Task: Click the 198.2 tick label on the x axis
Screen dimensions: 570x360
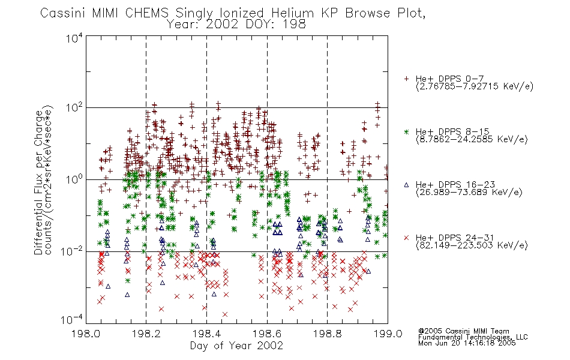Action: point(146,334)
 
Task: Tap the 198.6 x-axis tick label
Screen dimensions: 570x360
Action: point(267,334)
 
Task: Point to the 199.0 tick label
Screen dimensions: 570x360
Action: point(388,334)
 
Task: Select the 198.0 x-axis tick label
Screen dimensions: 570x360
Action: point(86,334)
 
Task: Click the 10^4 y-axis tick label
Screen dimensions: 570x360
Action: point(74,38)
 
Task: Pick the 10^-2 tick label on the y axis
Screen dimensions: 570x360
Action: point(72,251)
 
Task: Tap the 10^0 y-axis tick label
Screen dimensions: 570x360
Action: point(74,179)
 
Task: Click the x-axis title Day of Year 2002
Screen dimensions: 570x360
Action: point(236,346)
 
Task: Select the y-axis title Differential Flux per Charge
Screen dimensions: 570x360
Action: point(38,182)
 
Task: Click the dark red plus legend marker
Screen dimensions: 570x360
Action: point(406,79)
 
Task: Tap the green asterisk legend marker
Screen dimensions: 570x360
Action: point(406,131)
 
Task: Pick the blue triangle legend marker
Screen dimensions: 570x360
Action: point(406,185)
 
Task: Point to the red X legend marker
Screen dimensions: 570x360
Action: point(406,238)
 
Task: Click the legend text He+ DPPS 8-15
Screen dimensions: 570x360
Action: point(452,131)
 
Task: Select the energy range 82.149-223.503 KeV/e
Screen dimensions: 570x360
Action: point(472,245)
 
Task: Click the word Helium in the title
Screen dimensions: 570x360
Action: point(293,13)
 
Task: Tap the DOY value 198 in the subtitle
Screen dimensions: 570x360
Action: point(296,25)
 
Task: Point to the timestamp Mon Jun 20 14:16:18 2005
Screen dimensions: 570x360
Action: point(467,343)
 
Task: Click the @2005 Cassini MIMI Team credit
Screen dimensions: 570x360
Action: point(463,331)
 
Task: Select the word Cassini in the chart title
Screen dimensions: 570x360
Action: point(62,13)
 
